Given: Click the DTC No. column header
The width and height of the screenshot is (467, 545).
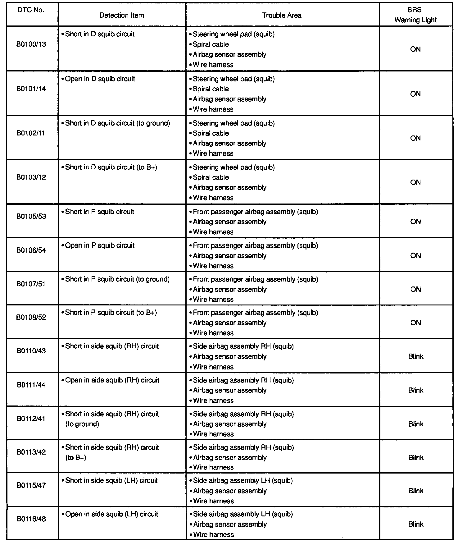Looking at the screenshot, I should pyautogui.click(x=30, y=10).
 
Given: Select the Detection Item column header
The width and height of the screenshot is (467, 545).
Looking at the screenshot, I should pyautogui.click(x=122, y=15).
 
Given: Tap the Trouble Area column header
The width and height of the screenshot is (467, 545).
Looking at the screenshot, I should pyautogui.click(x=282, y=15).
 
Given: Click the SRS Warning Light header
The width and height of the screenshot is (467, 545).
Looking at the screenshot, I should pyautogui.click(x=415, y=15).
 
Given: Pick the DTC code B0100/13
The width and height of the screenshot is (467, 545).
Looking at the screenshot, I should pyautogui.click(x=31, y=44).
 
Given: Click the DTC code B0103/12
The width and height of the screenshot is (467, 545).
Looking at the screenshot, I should pyautogui.click(x=31, y=177).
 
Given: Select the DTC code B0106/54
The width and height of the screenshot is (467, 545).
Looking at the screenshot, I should pyautogui.click(x=31, y=250).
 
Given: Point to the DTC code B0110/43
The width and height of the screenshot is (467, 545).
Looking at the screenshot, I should pyautogui.click(x=31, y=351).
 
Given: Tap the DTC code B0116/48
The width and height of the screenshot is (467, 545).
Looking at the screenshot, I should pyautogui.click(x=31, y=519).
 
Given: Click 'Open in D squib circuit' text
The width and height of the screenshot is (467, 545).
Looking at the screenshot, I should pyautogui.click(x=100, y=79).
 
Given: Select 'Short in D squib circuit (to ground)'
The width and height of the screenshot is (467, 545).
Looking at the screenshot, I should pyautogui.click(x=117, y=123).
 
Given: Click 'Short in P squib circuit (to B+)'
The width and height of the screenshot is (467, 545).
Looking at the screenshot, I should pyautogui.click(x=111, y=313).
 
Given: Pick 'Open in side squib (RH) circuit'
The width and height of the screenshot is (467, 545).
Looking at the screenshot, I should pyautogui.click(x=112, y=380).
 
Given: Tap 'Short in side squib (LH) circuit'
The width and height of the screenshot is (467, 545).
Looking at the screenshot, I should pyautogui.click(x=111, y=481).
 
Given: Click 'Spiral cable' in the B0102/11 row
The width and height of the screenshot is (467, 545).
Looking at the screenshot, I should pyautogui.click(x=211, y=133).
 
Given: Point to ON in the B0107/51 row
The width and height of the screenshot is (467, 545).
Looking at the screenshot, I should pyautogui.click(x=415, y=289).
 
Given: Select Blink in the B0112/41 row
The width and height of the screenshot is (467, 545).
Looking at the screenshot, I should pyautogui.click(x=416, y=424).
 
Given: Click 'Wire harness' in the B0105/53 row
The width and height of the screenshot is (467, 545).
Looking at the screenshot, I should pyautogui.click(x=213, y=232).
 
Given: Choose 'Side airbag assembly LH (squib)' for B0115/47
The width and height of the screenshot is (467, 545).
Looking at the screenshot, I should pyautogui.click(x=243, y=481).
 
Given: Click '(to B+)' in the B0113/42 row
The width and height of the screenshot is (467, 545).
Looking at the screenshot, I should pyautogui.click(x=76, y=457).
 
